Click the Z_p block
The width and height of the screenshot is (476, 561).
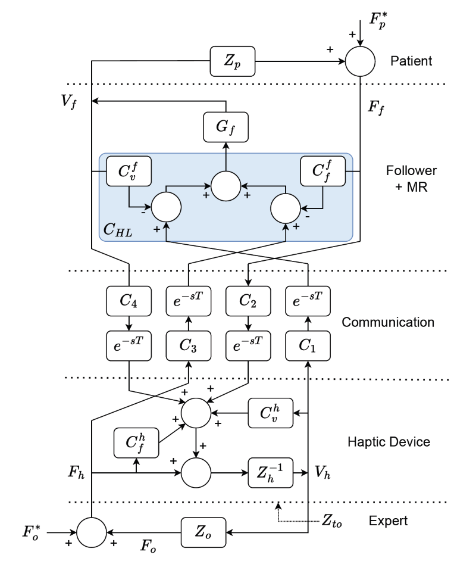coord(233,61)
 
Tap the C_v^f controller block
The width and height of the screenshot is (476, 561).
coord(129,172)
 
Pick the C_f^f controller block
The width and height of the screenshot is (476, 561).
coord(323,172)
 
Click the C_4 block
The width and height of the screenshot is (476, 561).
coord(129,300)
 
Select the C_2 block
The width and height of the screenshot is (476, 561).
coord(248,300)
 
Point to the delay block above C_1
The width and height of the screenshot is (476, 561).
coord(308,300)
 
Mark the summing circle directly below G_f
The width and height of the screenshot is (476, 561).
coord(226,186)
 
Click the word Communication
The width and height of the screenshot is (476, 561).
coord(388,322)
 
